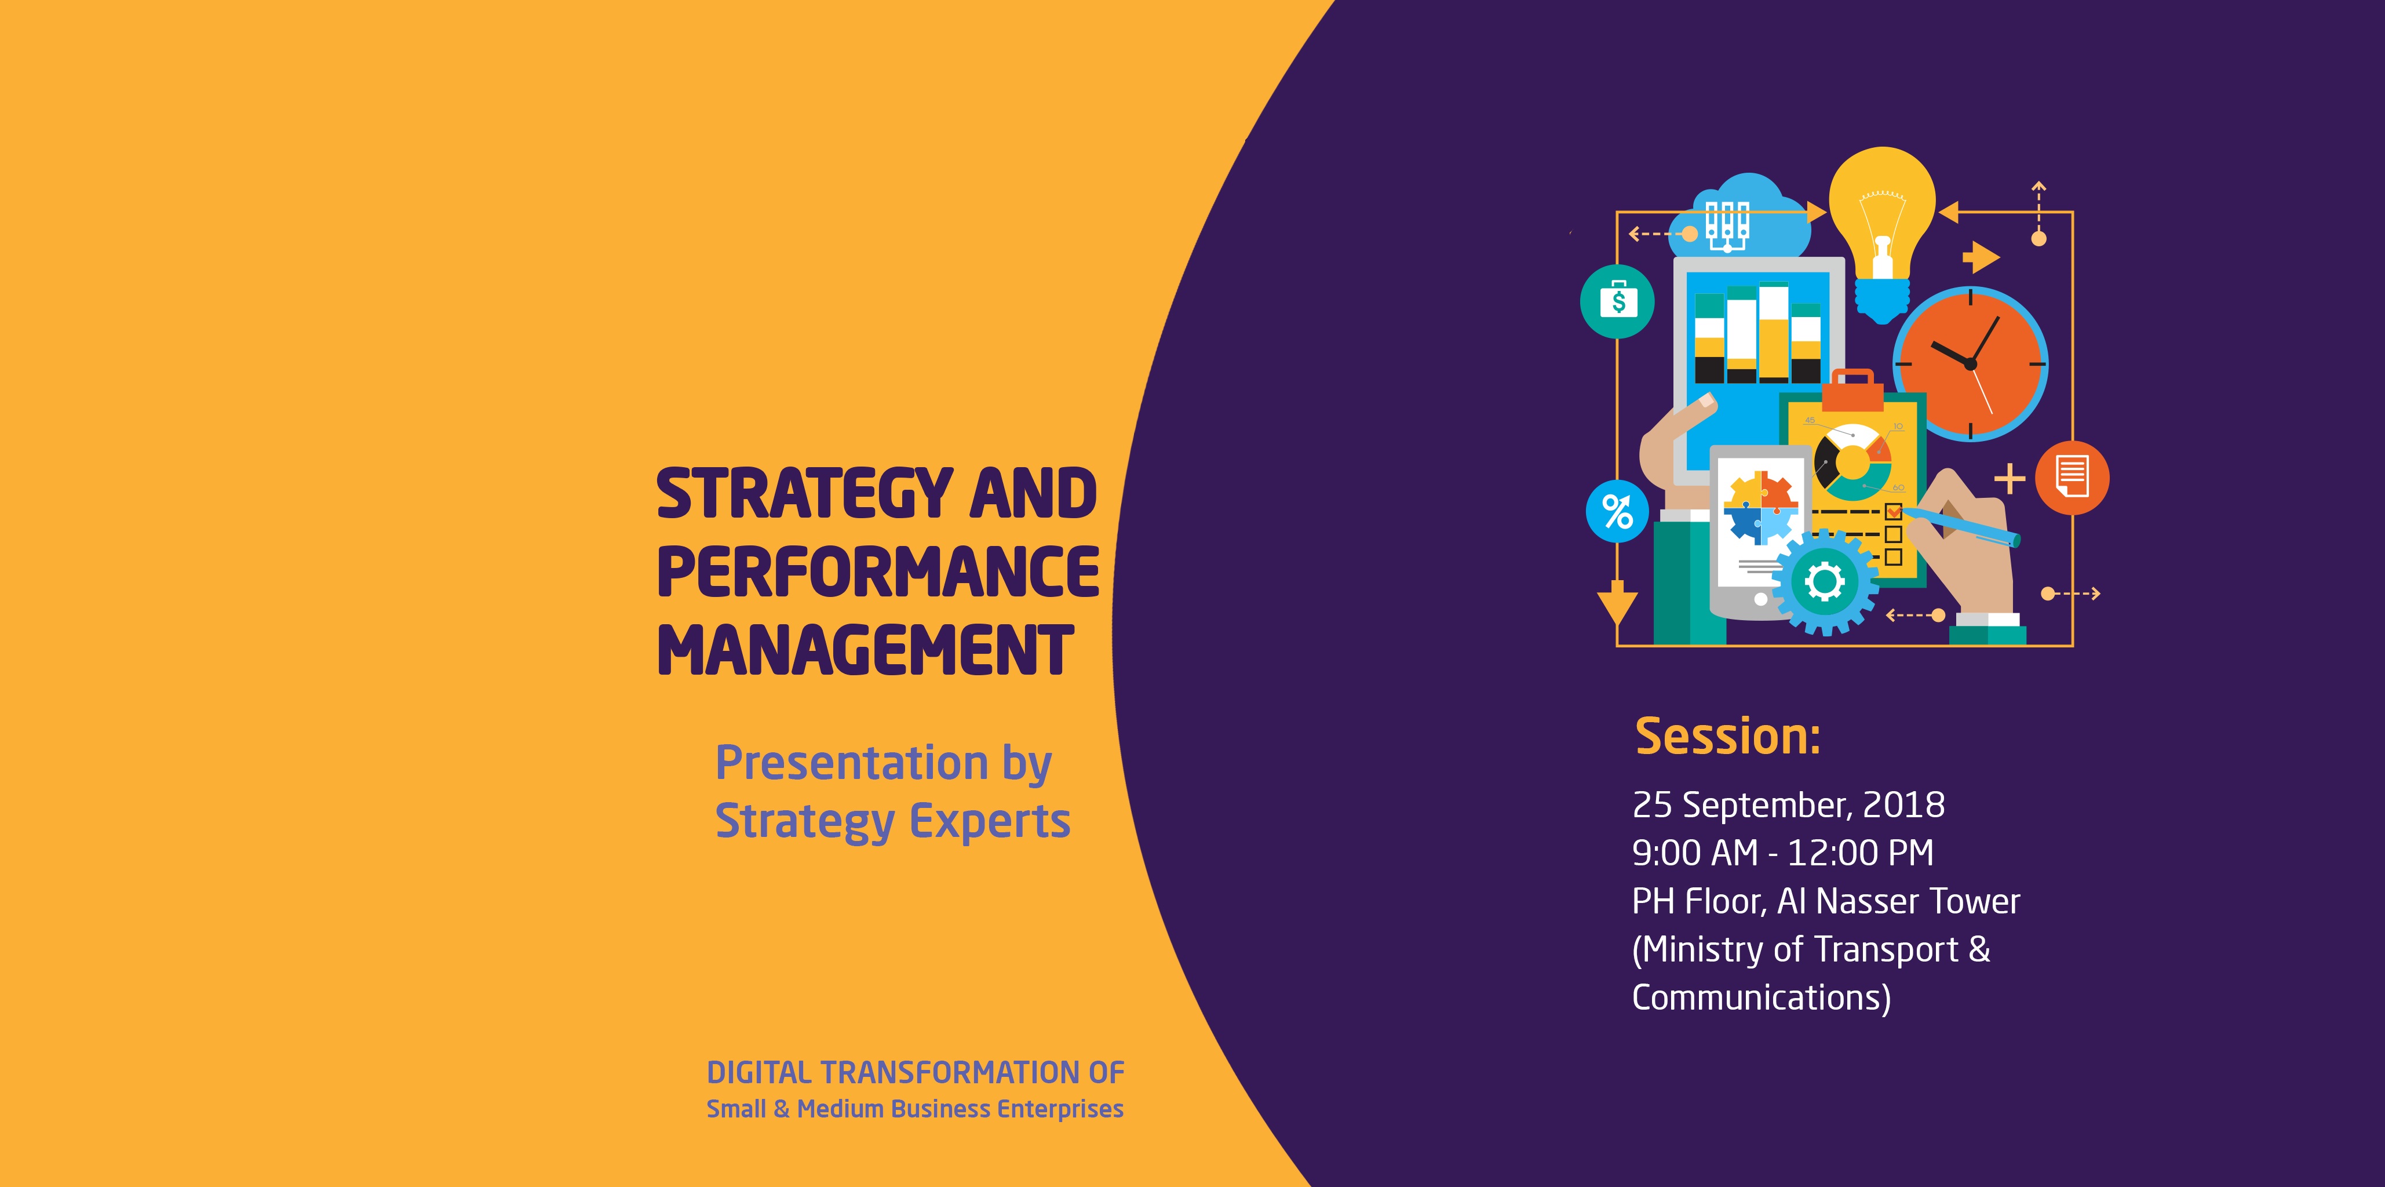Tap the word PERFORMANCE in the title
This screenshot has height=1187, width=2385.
878,572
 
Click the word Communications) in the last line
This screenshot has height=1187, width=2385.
1761,997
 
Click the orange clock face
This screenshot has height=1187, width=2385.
1970,364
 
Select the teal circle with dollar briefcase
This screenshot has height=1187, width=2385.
1617,301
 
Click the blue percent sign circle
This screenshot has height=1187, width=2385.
1617,511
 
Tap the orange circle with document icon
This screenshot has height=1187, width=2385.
2072,478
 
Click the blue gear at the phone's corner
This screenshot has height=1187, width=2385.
1825,581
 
